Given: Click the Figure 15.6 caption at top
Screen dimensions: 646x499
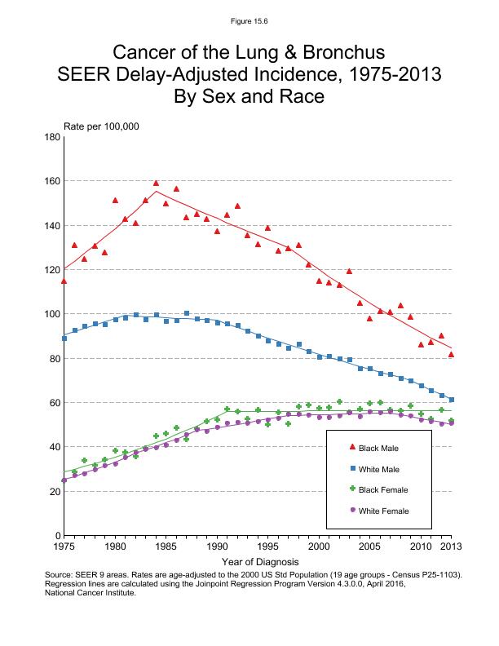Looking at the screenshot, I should point(249,20).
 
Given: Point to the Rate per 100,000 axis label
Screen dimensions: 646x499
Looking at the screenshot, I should point(101,126).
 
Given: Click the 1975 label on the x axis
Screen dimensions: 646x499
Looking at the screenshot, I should point(64,546).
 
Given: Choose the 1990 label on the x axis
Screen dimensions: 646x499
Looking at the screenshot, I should point(217,546).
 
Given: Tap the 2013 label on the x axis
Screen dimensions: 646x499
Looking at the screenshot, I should point(452,546).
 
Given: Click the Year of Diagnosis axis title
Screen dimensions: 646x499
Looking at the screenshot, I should point(259,562).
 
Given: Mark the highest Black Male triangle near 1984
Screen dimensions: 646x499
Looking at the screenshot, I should point(156,184).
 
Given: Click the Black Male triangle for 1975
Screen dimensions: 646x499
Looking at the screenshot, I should point(64,281).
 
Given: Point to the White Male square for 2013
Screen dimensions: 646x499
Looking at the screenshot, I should point(452,400).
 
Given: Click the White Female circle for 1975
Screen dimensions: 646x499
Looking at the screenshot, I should point(64,480).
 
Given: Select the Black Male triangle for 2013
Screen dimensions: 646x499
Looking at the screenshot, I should point(452,354).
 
